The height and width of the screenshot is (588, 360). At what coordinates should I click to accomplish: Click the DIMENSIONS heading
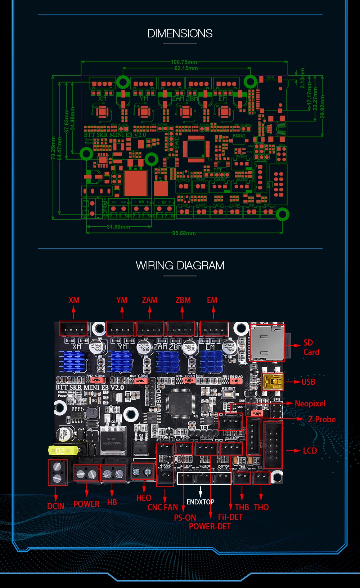pos(180,34)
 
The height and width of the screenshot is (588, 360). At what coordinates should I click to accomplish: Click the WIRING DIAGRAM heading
pos(180,266)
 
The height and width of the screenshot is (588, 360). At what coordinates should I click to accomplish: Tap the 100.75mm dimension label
pos(184,62)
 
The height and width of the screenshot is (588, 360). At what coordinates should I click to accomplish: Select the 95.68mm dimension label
pos(184,233)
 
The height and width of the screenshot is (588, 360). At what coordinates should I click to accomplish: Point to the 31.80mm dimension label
pos(118,227)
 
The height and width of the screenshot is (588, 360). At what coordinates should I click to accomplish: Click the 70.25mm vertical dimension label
pos(53,148)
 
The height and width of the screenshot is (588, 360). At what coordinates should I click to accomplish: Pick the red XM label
pos(74,300)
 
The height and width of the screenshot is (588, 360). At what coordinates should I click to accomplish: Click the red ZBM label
pos(183,300)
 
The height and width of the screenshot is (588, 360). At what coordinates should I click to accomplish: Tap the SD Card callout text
pos(311,347)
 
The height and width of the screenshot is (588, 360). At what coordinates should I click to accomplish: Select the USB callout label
pos(308,382)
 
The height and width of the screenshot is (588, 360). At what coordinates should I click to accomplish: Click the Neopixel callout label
pos(310,404)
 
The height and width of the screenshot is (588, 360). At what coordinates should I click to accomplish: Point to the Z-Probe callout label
pos(321,419)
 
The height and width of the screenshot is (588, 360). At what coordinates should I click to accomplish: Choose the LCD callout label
pos(310,451)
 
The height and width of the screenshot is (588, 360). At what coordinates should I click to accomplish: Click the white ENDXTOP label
pos(201,502)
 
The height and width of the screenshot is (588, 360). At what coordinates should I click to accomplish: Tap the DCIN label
pos(56,506)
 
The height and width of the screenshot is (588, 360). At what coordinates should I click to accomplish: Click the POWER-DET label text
pos(210,526)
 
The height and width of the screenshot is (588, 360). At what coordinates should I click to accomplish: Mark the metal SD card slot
pos(267,343)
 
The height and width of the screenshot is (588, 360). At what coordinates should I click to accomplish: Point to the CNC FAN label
pos(163,507)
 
